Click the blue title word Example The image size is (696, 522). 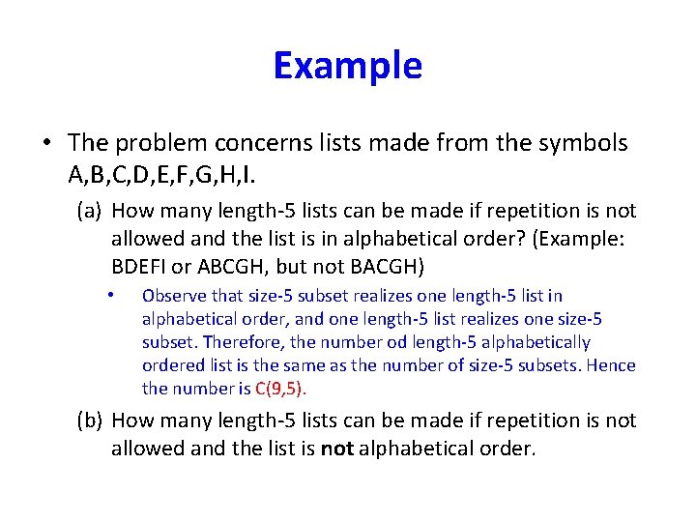click(347, 66)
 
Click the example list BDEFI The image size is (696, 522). click(141, 266)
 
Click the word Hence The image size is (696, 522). click(614, 365)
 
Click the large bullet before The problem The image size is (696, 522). click(45, 143)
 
